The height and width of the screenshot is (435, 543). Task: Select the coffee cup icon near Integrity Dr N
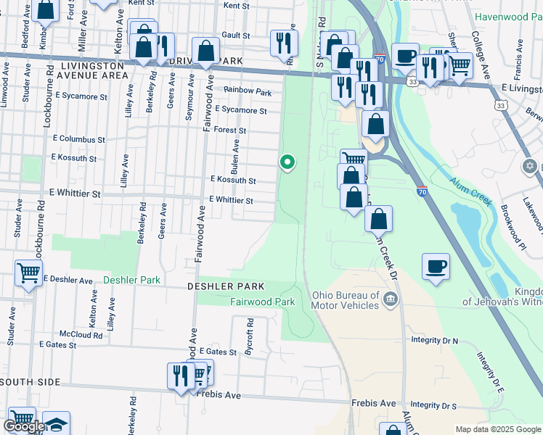coord(436,265)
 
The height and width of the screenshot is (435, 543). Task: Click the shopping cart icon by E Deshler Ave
coord(28,273)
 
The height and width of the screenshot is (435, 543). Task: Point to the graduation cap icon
coord(56,423)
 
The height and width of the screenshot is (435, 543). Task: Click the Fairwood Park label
coord(262,302)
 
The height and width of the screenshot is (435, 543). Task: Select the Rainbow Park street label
coord(248,92)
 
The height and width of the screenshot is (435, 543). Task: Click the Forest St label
coord(231,131)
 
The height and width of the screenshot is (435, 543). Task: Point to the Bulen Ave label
coord(235,153)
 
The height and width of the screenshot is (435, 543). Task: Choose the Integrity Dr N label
coord(435,340)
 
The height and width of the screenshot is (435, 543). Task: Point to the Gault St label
coord(236,35)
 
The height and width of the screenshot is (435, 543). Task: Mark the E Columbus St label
coord(79,139)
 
